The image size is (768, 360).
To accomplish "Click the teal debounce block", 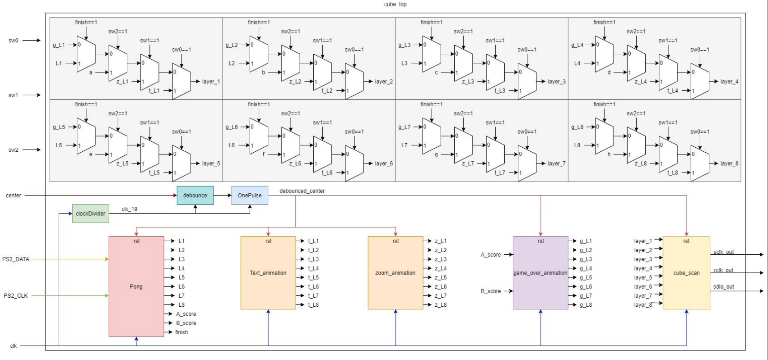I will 195,196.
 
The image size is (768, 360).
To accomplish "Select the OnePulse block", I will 250,196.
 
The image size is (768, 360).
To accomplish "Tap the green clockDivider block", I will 90,214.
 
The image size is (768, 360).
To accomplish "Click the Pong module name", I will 136,286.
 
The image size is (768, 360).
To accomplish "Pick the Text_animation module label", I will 268,273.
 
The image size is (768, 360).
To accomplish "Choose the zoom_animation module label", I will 395,273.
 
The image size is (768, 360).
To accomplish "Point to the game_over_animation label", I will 540,273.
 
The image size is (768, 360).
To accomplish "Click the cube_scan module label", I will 686,273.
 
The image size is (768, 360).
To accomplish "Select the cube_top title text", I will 395,4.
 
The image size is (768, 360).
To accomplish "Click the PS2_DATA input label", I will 16,259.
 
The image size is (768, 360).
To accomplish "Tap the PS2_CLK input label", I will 16,296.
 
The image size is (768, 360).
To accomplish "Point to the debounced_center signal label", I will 302,191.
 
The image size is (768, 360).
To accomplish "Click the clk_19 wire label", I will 130,209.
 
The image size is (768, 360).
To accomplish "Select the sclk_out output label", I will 723,252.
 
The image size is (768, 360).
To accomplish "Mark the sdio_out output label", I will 723,287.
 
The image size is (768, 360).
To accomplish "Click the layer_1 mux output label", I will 211,82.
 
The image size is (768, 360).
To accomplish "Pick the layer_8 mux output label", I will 729,164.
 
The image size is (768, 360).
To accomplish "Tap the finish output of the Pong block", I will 182,332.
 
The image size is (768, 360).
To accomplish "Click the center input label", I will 14,196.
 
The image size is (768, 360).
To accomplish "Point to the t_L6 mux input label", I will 327,173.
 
